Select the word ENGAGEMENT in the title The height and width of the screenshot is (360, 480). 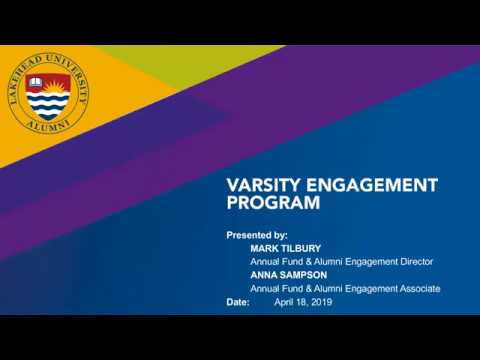click(377, 185)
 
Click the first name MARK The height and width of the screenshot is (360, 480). click(265, 248)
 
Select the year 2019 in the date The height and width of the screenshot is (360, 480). click(320, 302)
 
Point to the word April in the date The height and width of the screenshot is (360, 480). click(284, 302)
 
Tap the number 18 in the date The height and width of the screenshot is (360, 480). click(302, 302)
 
